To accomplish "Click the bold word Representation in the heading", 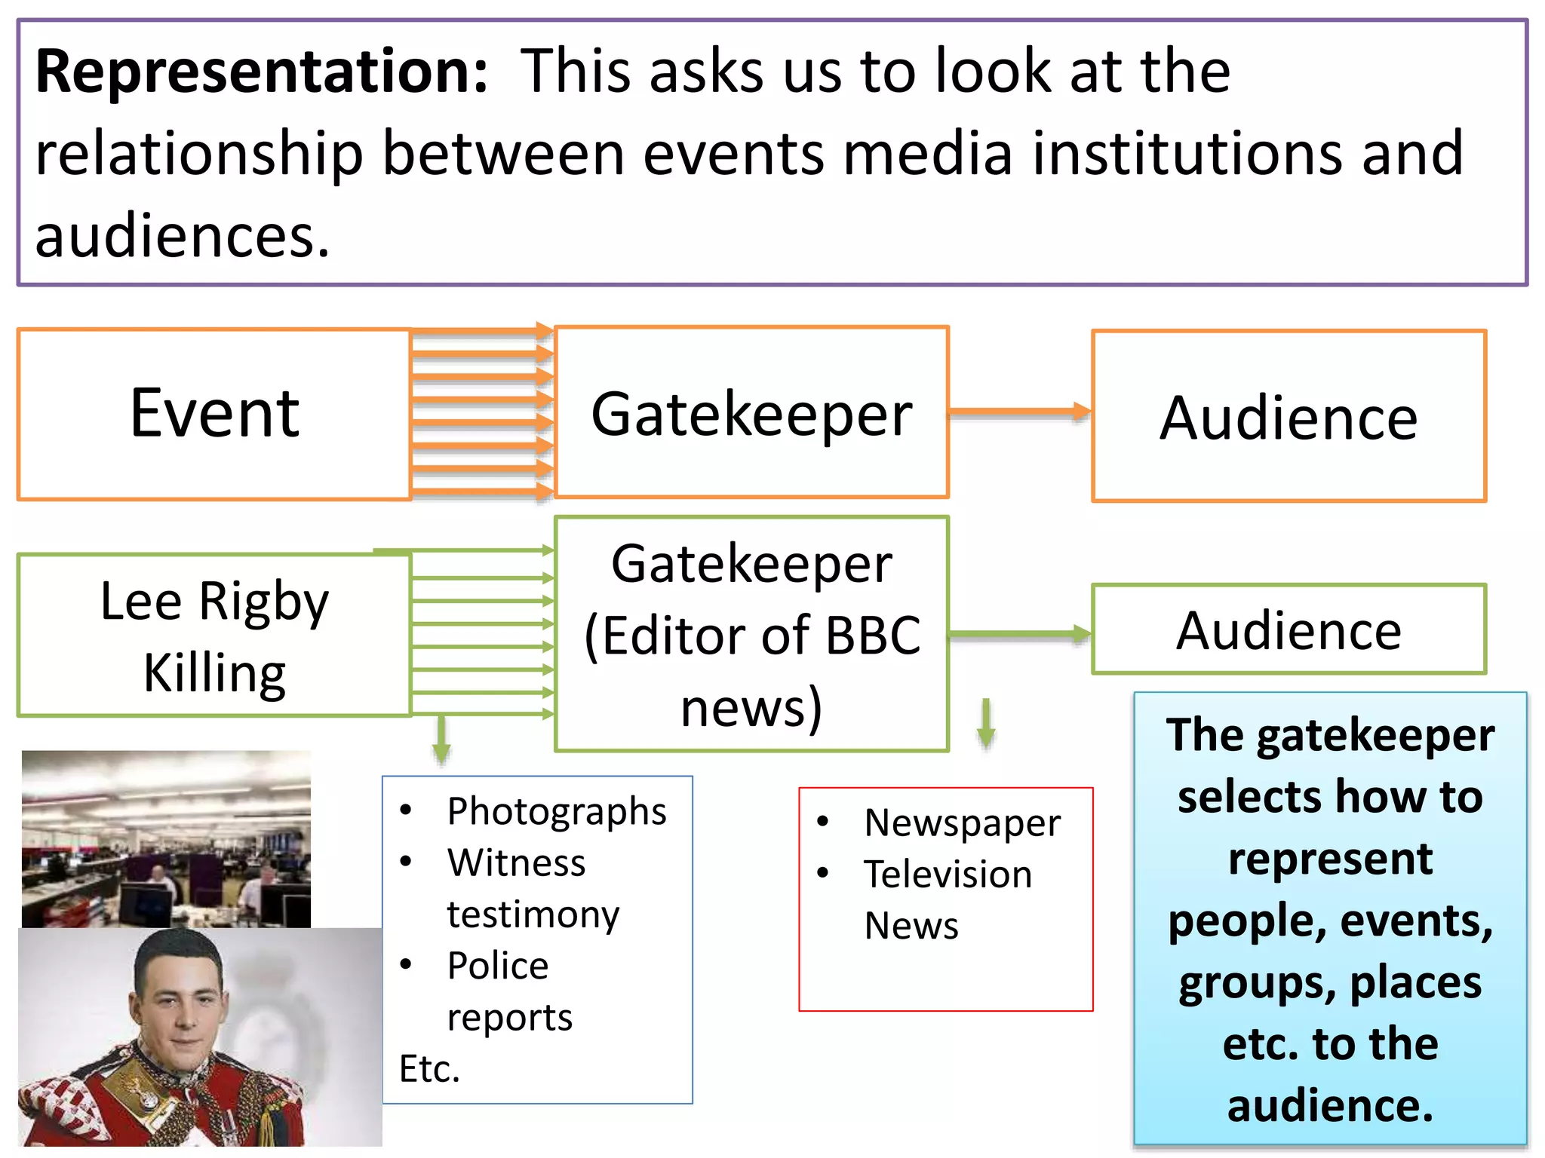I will tap(261, 72).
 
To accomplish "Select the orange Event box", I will tap(214, 414).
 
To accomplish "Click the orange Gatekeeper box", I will tap(751, 414).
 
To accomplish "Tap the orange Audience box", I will tap(1289, 417).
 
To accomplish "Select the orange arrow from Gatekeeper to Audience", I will tap(1018, 412).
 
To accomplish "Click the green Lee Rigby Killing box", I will tap(214, 636).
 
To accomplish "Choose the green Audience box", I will tap(1289, 630).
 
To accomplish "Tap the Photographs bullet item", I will tap(556, 812).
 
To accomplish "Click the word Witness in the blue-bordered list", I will tap(516, 863).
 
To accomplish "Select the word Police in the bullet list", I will tap(498, 967).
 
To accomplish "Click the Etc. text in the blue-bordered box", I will tap(429, 1069).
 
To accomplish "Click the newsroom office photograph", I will tap(166, 838).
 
